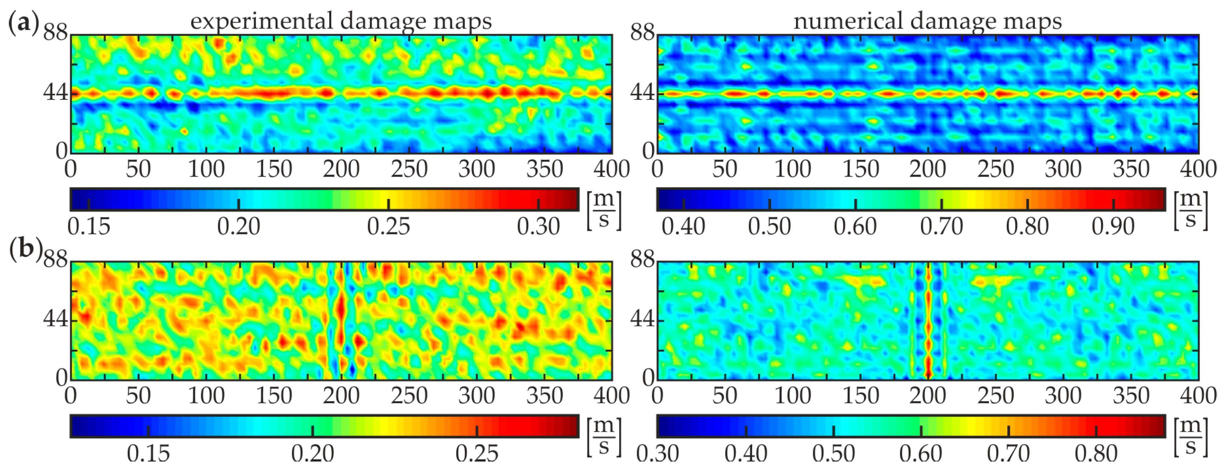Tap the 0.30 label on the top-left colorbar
tap(538, 227)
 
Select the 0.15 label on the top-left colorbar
tap(89, 227)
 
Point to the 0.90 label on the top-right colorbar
tap(1113, 227)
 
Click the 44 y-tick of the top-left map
tap(55, 92)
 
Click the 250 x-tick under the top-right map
tap(996, 169)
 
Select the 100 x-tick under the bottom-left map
tap(206, 396)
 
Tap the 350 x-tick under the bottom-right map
tap(1131, 396)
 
